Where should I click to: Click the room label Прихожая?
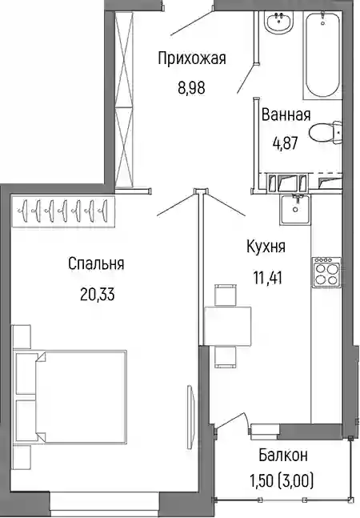point(192,58)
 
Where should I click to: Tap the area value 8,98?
point(191,88)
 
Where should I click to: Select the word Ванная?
point(286,115)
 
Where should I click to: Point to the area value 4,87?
point(285,143)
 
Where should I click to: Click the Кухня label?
point(266,247)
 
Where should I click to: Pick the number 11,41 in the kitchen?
point(268,278)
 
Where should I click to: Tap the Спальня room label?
point(96,264)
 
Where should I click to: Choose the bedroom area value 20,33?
point(97,294)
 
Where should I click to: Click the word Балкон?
point(283,455)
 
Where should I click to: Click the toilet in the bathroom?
point(326,132)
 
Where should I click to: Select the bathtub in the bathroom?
point(322,54)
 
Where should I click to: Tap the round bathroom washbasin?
point(279,22)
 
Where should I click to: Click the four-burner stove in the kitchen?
point(326,272)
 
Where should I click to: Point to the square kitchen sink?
point(295,210)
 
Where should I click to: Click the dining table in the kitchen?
point(227,326)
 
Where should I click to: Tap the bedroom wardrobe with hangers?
point(62,211)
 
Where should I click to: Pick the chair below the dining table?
point(226,357)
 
